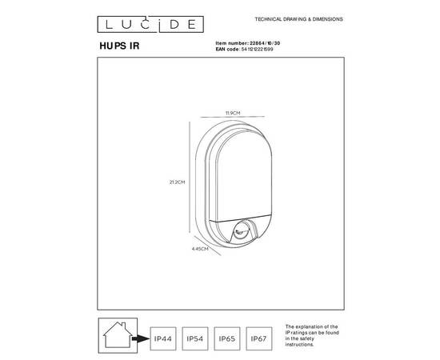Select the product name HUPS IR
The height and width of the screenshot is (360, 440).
pos(118,46)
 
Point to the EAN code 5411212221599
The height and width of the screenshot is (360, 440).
pos(268,49)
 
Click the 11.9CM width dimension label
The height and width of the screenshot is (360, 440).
pos(232,114)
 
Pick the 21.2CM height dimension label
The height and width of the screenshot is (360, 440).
pos(177,182)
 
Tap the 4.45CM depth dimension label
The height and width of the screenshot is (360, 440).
pos(200,249)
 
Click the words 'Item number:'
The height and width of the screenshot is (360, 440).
pos(232,42)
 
